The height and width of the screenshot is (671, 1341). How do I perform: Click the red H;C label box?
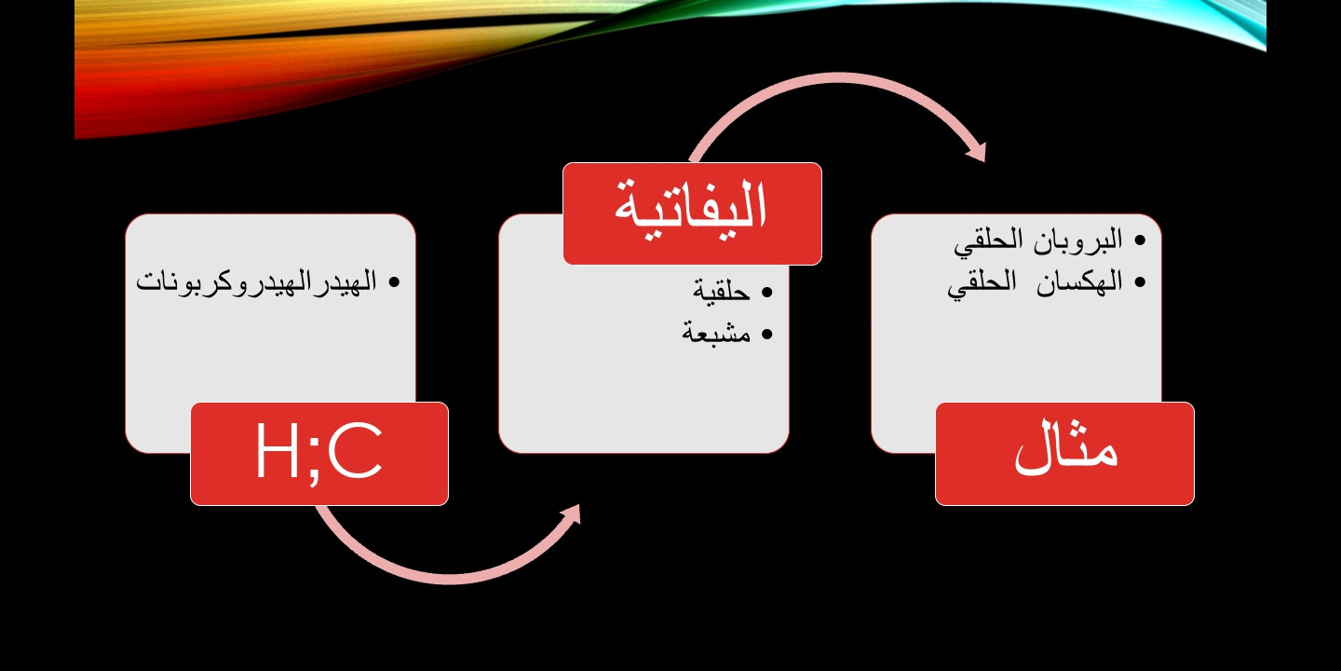pyautogui.click(x=319, y=454)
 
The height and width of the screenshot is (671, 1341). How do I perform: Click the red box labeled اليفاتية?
pyautogui.click(x=692, y=213)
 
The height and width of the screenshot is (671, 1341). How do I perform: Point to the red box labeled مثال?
pyautogui.click(x=1064, y=454)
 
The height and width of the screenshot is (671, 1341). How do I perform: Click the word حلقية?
pyautogui.click(x=722, y=292)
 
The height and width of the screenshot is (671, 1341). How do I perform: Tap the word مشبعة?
pyautogui.click(x=716, y=333)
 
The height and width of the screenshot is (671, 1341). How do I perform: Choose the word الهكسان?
pyautogui.click(x=1079, y=281)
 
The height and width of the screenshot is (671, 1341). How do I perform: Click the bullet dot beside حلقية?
pyautogui.click(x=767, y=293)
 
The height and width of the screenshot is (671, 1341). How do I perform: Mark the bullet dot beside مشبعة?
pyautogui.click(x=767, y=335)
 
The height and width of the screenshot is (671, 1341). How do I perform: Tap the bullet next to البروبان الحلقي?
pyautogui.click(x=1139, y=240)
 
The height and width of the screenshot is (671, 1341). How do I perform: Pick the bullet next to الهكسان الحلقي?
pyautogui.click(x=1139, y=282)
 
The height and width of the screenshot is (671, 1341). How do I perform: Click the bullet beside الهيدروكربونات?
pyautogui.click(x=393, y=282)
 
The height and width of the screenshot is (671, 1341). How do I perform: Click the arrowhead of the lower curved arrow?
pyautogui.click(x=571, y=516)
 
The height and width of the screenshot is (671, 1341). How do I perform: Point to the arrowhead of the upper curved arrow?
pyautogui.click(x=977, y=152)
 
